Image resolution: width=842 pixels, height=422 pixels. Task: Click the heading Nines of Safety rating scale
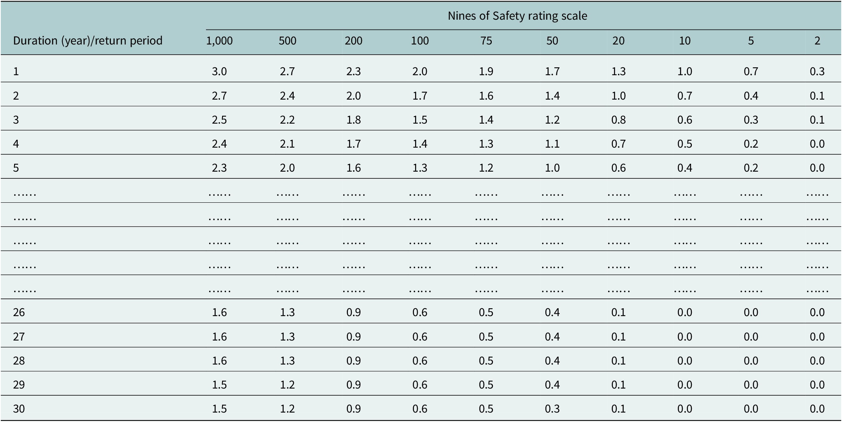pyautogui.click(x=517, y=16)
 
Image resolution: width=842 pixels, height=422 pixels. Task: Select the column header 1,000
pyautogui.click(x=219, y=41)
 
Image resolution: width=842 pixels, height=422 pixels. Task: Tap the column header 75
pyautogui.click(x=486, y=41)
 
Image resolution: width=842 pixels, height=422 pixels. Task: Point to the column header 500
pyautogui.click(x=287, y=41)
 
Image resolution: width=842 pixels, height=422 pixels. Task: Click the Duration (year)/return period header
pyautogui.click(x=88, y=41)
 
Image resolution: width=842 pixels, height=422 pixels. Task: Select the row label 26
pyautogui.click(x=19, y=312)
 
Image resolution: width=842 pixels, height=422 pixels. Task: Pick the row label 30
pyautogui.click(x=19, y=409)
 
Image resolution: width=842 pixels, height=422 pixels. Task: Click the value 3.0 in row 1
pyautogui.click(x=219, y=71)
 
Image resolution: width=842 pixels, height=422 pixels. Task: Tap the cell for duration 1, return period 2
pyautogui.click(x=817, y=71)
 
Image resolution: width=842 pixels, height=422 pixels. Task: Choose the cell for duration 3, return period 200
pyautogui.click(x=353, y=120)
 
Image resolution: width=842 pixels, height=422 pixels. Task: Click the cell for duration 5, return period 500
pyautogui.click(x=287, y=168)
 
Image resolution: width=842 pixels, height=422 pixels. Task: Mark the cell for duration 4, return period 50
pyautogui.click(x=552, y=144)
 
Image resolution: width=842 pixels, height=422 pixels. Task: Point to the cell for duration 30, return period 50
pyautogui.click(x=552, y=409)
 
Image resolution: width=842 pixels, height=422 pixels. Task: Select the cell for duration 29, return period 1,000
pyautogui.click(x=219, y=385)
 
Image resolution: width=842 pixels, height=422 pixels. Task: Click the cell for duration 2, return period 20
pyautogui.click(x=618, y=96)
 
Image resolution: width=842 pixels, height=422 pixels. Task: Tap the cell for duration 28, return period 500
pyautogui.click(x=287, y=361)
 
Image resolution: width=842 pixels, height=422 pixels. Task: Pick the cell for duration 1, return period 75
pyautogui.click(x=486, y=71)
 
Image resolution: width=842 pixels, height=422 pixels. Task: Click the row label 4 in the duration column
pyautogui.click(x=16, y=144)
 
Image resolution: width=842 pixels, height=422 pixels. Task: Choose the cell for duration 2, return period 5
pyautogui.click(x=751, y=96)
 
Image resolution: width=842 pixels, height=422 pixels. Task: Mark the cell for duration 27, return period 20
pyautogui.click(x=618, y=337)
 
